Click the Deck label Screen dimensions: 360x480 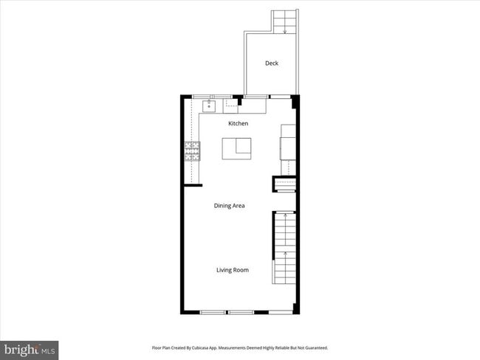tap(272, 63)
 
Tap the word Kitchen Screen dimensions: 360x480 tap(237, 123)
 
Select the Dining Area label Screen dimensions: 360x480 tap(229, 205)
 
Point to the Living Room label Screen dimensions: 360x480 tap(232, 270)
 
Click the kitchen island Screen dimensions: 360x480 tap(236, 148)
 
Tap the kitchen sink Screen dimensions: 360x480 tap(209, 105)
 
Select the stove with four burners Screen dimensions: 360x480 tap(192, 151)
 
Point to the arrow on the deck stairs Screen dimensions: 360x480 tap(284, 30)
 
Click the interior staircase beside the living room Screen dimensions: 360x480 tap(284, 247)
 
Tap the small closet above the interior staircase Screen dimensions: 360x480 tap(284, 184)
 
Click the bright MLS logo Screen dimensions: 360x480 tap(30, 348)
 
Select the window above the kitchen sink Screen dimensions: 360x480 tap(211, 96)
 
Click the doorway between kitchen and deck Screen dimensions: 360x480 tap(256, 96)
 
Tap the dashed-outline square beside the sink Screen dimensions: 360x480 tap(231, 105)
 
